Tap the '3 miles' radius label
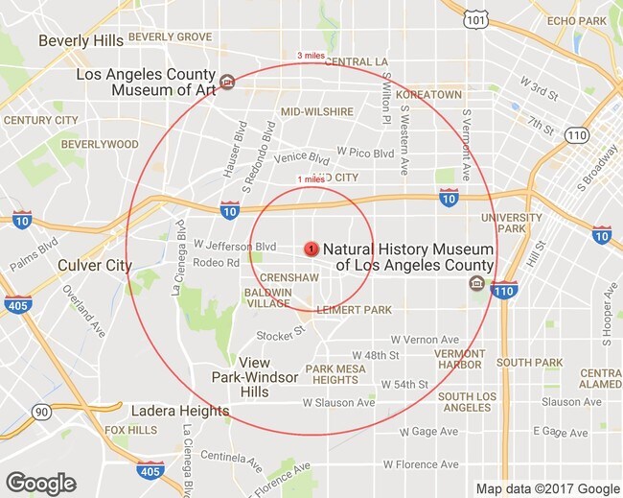pos(311,56)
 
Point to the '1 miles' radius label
pos(311,179)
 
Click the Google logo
pos(40,484)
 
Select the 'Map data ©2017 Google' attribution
pos(548,488)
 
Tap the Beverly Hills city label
pos(81,41)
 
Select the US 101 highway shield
pos(473,18)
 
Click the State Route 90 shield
pos(40,412)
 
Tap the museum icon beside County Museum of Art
pos(226,82)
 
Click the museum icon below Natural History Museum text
pos(476,283)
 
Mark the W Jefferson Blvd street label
pos(235,246)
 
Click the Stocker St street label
pos(279,332)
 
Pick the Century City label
pos(40,120)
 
